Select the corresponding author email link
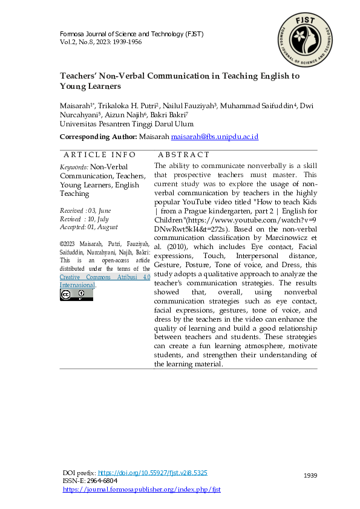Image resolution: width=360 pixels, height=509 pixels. pos(215,138)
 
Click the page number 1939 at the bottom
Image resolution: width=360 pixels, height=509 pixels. pos(310,476)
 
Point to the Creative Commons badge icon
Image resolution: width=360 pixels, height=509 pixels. pos(76,295)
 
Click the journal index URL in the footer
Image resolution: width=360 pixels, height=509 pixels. pos(142,489)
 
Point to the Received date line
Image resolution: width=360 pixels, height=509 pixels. pos(86,210)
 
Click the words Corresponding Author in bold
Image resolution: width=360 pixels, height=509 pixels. pos(98,138)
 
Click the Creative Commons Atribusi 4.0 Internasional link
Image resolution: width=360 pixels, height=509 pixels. pos(105,280)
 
